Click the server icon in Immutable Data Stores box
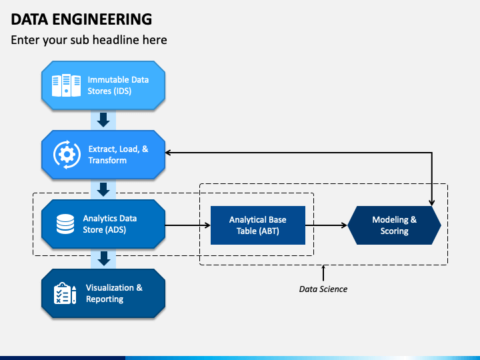click(66, 85)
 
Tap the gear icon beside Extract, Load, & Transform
click(67, 155)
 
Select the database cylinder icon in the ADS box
click(65, 224)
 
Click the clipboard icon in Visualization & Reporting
click(65, 293)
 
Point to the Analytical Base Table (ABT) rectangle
click(258, 225)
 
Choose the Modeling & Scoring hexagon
click(394, 225)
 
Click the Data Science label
click(323, 289)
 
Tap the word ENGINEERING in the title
click(102, 19)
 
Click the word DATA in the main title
click(29, 19)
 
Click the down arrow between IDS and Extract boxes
click(103, 120)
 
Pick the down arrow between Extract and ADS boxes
click(103, 189)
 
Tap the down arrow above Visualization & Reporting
click(104, 259)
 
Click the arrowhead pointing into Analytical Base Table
click(208, 225)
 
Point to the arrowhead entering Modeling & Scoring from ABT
click(345, 225)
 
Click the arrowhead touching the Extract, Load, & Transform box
click(168, 153)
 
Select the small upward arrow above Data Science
click(323, 273)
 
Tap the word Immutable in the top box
click(105, 80)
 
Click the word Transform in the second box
click(107, 161)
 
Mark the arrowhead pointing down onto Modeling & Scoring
click(431, 203)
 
